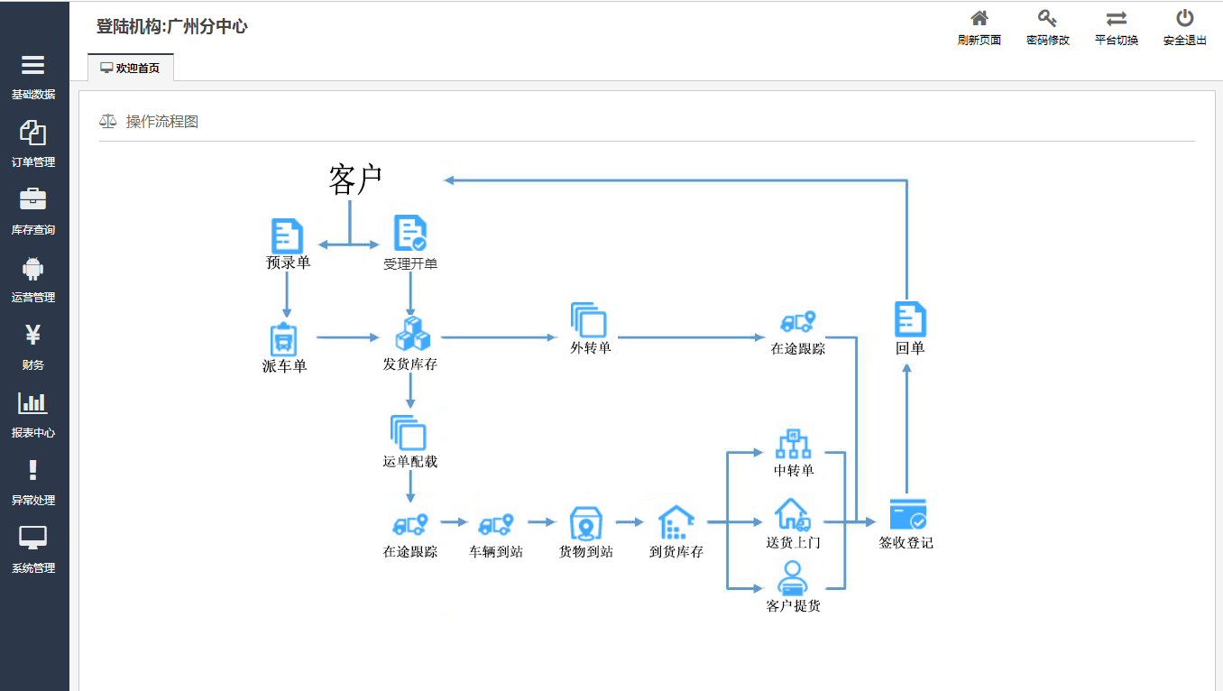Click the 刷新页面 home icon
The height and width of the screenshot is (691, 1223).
[979, 19]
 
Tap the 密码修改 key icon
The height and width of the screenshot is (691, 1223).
[1047, 19]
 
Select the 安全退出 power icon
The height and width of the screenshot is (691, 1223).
[1184, 19]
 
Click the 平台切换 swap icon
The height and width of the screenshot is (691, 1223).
[1116, 19]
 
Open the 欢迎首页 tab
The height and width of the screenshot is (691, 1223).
[131, 68]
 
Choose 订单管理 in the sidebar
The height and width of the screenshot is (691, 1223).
[33, 134]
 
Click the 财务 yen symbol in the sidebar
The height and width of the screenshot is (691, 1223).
[33, 336]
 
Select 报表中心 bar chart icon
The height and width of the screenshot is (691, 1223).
[33, 403]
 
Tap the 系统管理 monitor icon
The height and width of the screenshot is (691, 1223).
[33, 539]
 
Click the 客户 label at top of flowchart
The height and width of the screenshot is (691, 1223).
[355, 180]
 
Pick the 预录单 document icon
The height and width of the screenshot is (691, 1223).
[288, 235]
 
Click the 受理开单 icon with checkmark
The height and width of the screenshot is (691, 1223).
[410, 234]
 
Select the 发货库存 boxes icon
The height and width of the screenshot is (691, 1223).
[412, 334]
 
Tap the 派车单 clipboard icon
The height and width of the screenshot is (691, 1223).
[284, 339]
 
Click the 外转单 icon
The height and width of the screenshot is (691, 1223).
[589, 320]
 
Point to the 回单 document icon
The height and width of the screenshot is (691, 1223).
[910, 319]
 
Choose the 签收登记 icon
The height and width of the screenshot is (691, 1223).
[907, 514]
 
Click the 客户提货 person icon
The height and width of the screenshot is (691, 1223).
[792, 577]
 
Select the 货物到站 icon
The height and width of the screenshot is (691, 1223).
[585, 522]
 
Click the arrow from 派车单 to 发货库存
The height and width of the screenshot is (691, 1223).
[348, 337]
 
